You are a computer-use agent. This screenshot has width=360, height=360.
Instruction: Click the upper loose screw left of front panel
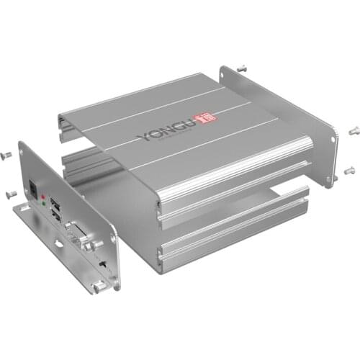pyautogui.click(x=8, y=155)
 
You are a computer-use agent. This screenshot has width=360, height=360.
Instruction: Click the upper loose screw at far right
pyautogui.click(x=354, y=130)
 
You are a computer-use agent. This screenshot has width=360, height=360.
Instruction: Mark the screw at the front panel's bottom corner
pyautogui.click(x=96, y=287)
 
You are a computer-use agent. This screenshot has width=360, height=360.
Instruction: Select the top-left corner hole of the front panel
pyautogui.click(x=24, y=151)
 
